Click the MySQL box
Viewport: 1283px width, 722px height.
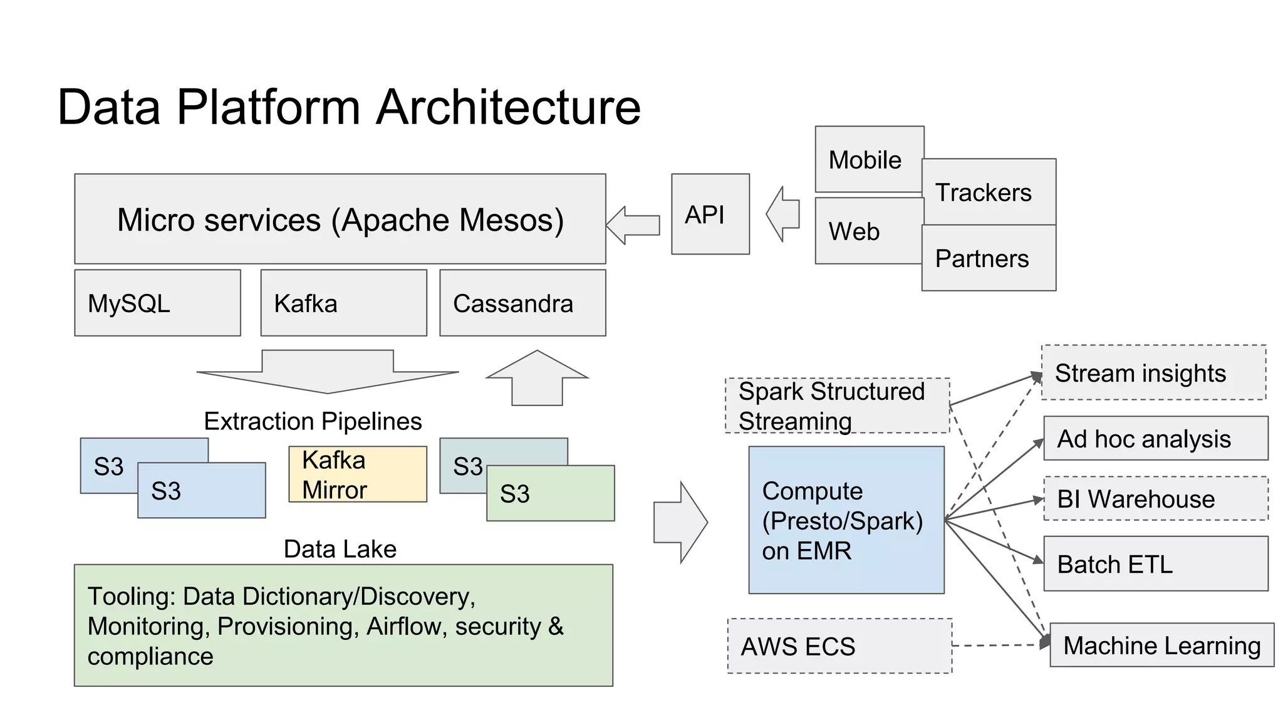pyautogui.click(x=157, y=303)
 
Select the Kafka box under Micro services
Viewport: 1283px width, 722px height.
pyautogui.click(x=343, y=303)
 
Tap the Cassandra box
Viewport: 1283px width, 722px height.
pyautogui.click(x=522, y=303)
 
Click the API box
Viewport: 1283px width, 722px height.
pyautogui.click(x=710, y=214)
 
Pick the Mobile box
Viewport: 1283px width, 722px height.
pyautogui.click(x=868, y=159)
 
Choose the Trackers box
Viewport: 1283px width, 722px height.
pyautogui.click(x=989, y=192)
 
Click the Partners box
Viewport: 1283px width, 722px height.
pyautogui.click(x=989, y=258)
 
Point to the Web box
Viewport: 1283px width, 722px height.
pyautogui.click(x=868, y=231)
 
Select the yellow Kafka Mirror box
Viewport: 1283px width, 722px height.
pyautogui.click(x=357, y=474)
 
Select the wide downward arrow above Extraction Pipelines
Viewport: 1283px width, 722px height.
pyautogui.click(x=328, y=371)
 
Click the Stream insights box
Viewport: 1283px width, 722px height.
pyautogui.click(x=1153, y=372)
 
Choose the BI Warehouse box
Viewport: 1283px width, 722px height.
pyautogui.click(x=1155, y=499)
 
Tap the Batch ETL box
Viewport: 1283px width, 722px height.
pyautogui.click(x=1155, y=563)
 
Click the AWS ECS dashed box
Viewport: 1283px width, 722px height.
pyautogui.click(x=839, y=646)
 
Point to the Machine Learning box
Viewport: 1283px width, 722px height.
pyautogui.click(x=1162, y=645)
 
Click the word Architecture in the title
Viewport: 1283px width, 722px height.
pyautogui.click(x=509, y=107)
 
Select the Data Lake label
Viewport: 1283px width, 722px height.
pyautogui.click(x=340, y=549)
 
